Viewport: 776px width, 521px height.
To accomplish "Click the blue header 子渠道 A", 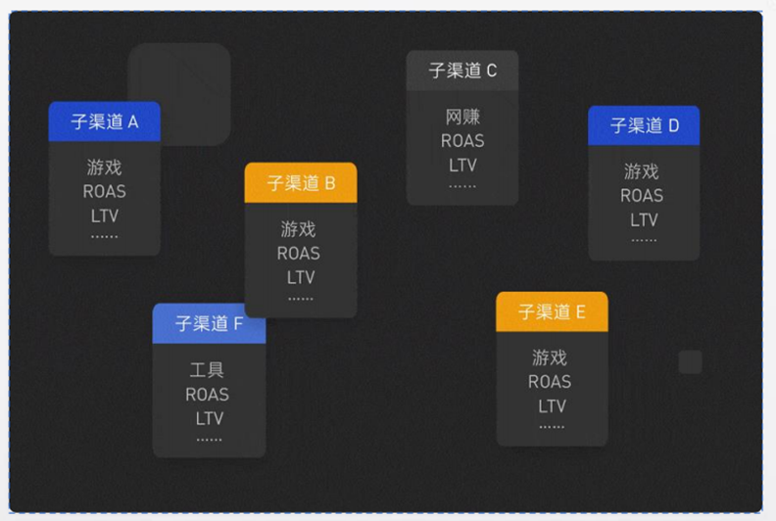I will (105, 121).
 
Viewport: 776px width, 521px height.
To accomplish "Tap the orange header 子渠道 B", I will (301, 183).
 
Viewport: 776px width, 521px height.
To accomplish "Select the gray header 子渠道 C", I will (462, 71).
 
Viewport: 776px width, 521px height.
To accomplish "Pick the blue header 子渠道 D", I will (644, 125).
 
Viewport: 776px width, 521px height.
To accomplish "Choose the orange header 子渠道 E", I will (552, 311).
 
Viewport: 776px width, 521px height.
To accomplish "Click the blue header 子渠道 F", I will (209, 323).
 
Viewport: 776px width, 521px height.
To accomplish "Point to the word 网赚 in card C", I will (462, 118).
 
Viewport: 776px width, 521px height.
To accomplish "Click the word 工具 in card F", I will (207, 370).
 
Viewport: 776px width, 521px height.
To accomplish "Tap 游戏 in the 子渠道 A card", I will (104, 167).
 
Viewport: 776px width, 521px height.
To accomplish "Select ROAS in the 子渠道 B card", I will (299, 253).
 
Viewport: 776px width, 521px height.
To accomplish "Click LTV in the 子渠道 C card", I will (462, 165).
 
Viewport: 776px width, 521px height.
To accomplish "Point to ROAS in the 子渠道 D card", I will (642, 195).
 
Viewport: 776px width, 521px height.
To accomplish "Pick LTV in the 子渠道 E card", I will (552, 405).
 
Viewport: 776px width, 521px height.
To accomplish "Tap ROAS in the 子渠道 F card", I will (207, 395).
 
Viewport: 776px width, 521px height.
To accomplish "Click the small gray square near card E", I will (691, 362).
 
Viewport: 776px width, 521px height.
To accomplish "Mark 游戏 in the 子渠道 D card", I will (642, 171).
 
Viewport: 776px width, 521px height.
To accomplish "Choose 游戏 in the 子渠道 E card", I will (550, 357).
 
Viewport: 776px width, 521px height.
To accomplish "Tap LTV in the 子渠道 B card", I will (301, 277).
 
